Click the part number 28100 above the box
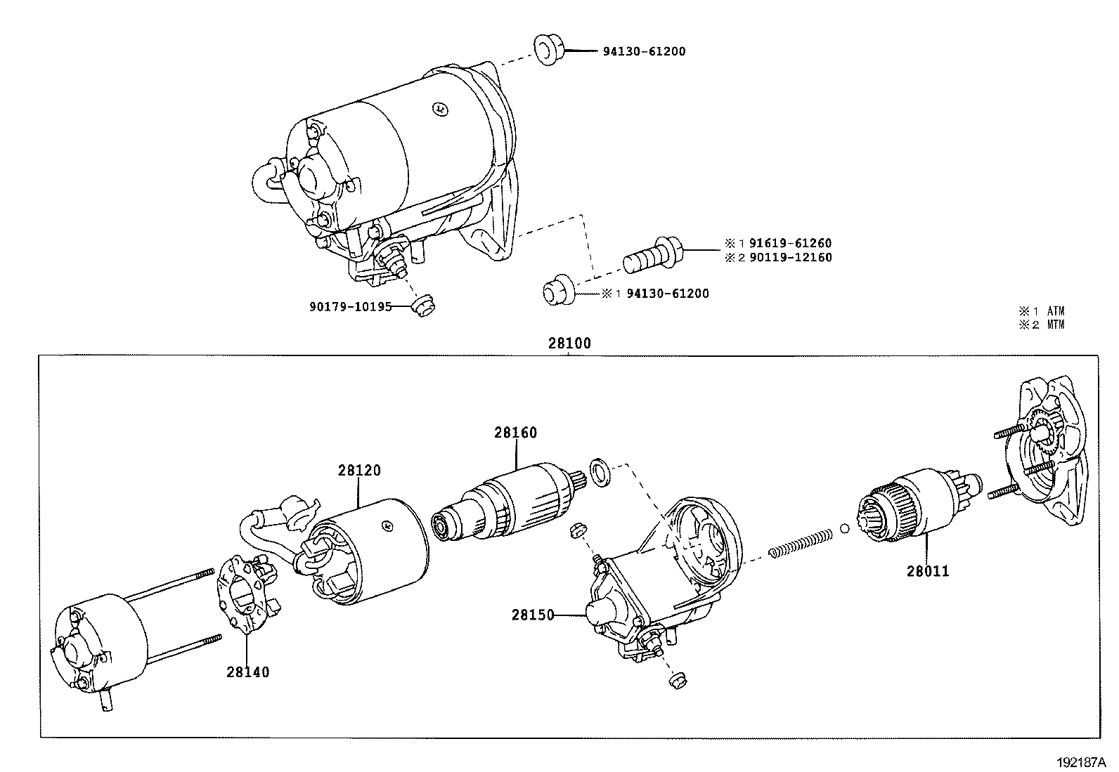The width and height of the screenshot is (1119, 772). [569, 344]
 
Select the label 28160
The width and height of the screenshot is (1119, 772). [515, 433]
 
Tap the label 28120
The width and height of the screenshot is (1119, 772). [359, 470]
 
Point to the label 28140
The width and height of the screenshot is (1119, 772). [247, 672]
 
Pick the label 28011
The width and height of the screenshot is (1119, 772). [927, 571]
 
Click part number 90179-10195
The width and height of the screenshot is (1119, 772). [350, 306]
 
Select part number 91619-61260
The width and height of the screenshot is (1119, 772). [790, 244]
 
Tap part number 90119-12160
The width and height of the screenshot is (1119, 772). [790, 257]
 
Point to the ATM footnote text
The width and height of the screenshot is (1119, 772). [1056, 310]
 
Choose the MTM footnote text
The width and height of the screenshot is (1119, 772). [1056, 325]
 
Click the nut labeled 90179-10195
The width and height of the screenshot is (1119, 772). [422, 307]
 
